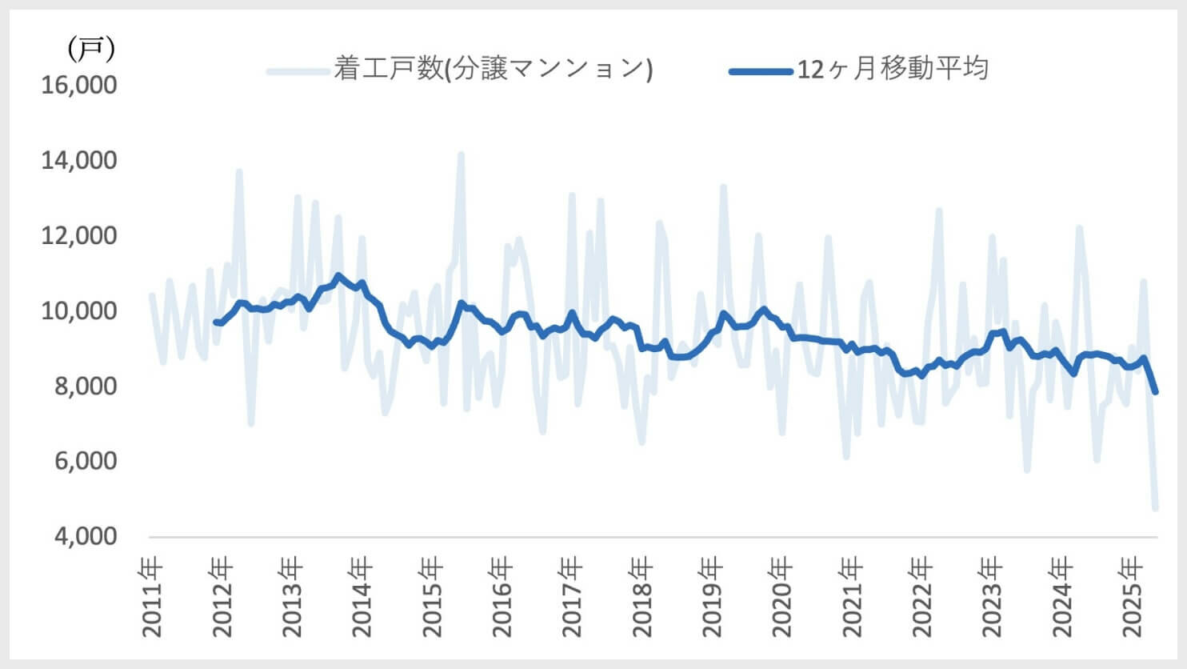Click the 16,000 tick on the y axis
pos(79,85)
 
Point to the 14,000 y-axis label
pos(79,160)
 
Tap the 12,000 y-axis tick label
pos(79,235)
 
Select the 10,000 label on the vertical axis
pos(79,310)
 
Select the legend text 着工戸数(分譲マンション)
pos(493,69)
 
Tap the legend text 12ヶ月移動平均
pos(893,69)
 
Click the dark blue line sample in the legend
pos(760,71)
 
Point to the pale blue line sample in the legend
pos(298,71)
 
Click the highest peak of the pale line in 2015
pos(461,154)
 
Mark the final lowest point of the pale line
pos(1155,507)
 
